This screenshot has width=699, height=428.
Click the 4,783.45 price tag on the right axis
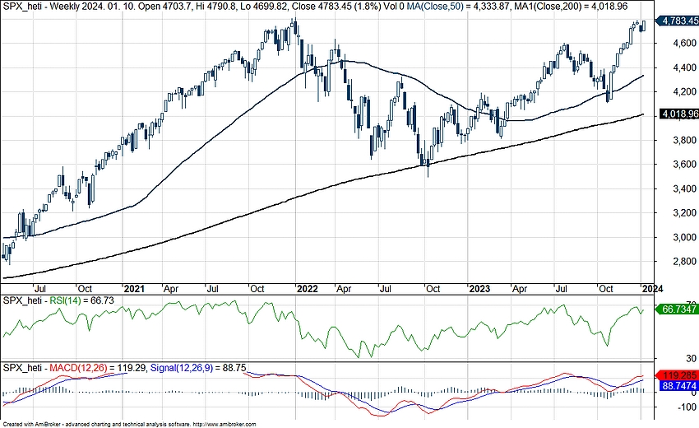pyautogui.click(x=678, y=20)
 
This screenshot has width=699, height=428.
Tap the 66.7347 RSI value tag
pyautogui.click(x=678, y=309)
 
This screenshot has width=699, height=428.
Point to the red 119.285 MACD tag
pyautogui.click(x=678, y=375)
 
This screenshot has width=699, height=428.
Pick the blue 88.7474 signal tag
pyautogui.click(x=678, y=385)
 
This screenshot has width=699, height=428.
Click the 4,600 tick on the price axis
pyautogui.click(x=674, y=44)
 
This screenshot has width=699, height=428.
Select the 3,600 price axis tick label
pyautogui.click(x=674, y=165)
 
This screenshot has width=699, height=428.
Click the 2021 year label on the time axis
pyautogui.click(x=134, y=289)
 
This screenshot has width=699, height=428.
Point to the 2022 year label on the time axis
pyautogui.click(x=308, y=289)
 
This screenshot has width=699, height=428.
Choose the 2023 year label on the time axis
pyautogui.click(x=479, y=289)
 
